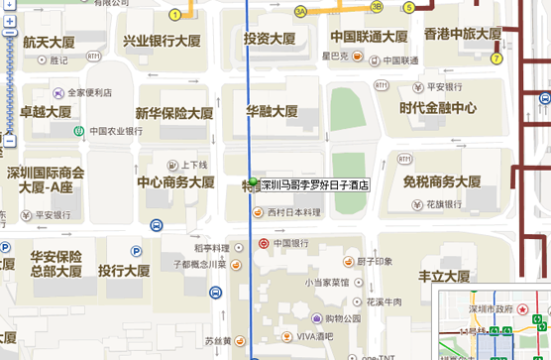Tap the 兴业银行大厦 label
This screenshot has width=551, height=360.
tap(162, 42)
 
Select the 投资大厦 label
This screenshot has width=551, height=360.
tap(270, 39)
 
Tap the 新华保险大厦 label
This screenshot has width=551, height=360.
tap(174, 113)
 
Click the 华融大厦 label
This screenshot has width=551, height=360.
tap(272, 111)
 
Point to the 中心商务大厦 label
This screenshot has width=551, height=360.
tap(175, 182)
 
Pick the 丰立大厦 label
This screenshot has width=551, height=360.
tap(443, 276)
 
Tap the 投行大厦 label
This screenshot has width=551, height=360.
tap(124, 271)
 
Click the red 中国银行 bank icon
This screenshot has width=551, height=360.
tap(263, 243)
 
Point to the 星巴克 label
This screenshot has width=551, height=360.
tap(336, 57)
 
